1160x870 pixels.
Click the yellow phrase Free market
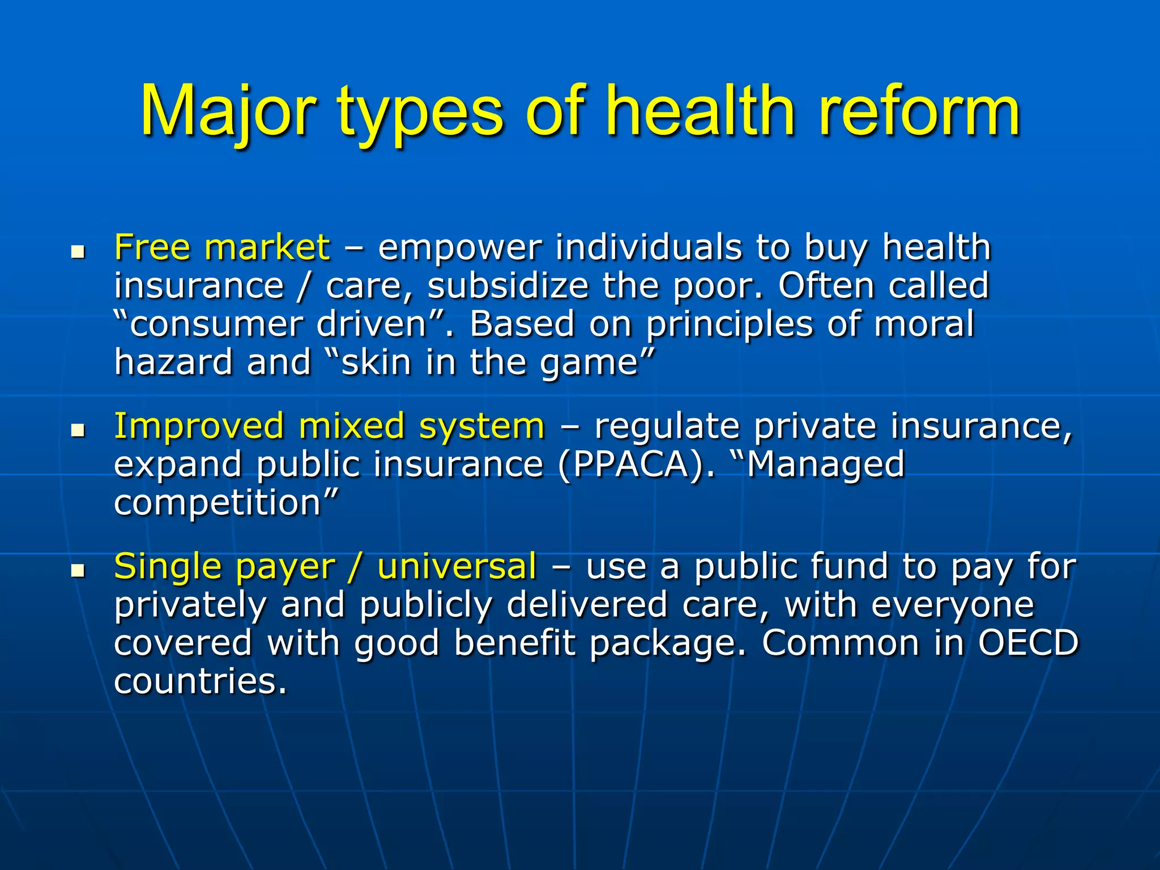point(221,248)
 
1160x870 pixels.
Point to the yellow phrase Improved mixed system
point(329,426)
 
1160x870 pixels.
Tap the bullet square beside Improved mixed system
point(78,430)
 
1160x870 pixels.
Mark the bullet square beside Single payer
point(78,570)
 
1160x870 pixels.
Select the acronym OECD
point(1028,643)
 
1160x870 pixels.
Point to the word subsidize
point(507,285)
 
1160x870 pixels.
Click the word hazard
point(173,362)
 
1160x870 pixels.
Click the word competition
point(218,504)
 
